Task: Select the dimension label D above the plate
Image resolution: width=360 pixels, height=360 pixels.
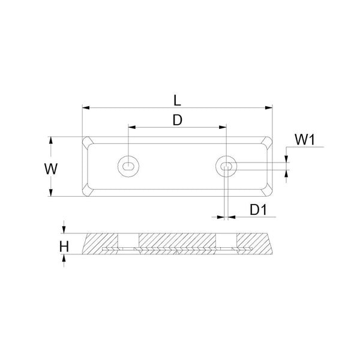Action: [x=177, y=120]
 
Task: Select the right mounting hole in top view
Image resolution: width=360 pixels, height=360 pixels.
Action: [x=226, y=166]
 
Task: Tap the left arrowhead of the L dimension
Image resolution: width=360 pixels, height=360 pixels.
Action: [x=85, y=108]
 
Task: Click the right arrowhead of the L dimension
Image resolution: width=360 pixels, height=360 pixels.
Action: [x=269, y=108]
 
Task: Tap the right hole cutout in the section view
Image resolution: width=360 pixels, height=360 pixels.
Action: [x=226, y=242]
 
